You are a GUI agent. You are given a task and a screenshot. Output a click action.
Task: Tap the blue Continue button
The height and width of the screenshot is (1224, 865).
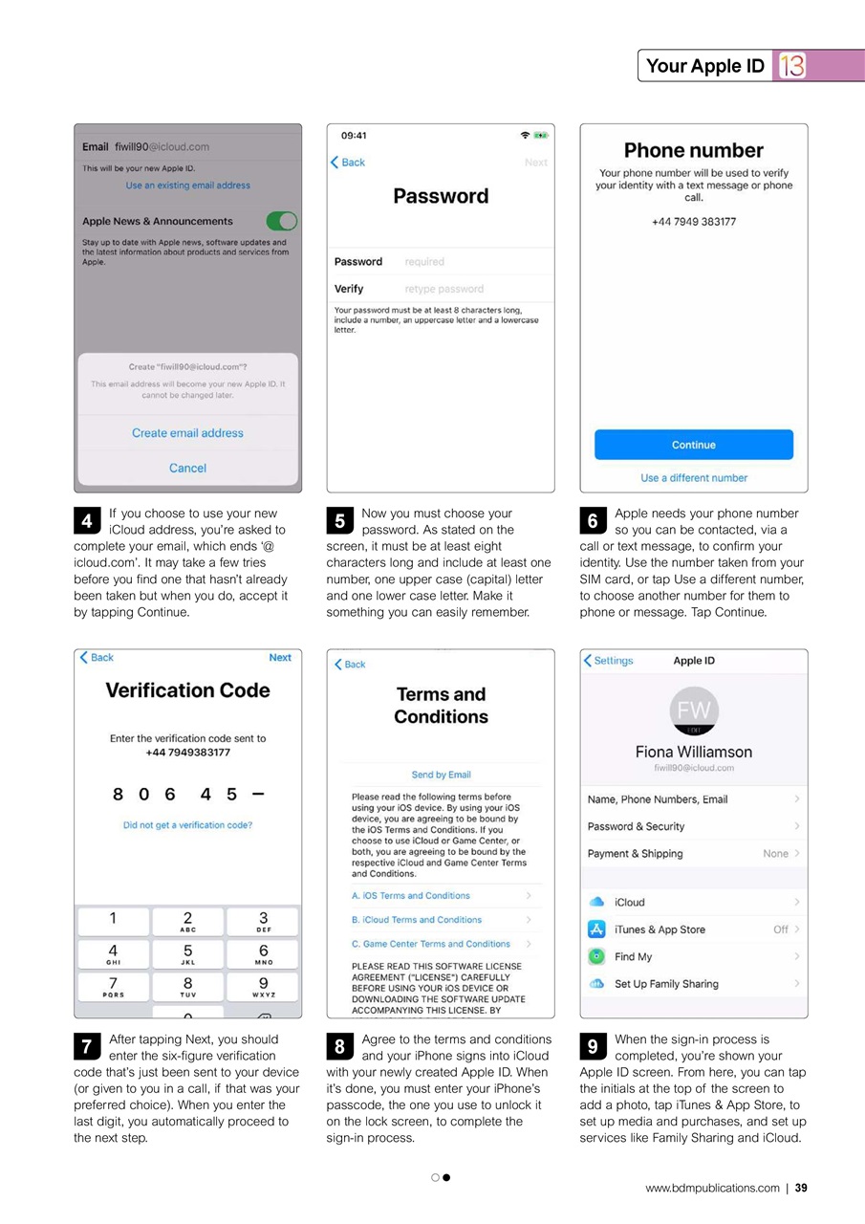click(x=693, y=445)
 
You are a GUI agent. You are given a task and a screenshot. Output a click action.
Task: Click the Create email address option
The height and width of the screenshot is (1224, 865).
click(x=187, y=433)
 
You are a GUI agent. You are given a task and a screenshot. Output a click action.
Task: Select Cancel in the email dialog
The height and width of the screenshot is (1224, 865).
click(x=187, y=468)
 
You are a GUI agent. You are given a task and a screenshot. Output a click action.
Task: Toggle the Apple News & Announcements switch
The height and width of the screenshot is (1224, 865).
click(x=281, y=221)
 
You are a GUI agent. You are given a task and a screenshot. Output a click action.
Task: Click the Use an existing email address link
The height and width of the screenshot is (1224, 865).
click(x=187, y=186)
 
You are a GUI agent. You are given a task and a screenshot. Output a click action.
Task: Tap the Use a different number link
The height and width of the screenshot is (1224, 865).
click(x=693, y=477)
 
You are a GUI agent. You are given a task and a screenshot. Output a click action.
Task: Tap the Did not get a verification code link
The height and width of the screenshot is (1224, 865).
click(x=187, y=825)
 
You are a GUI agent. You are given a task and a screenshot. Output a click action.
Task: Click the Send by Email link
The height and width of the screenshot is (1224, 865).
click(x=441, y=775)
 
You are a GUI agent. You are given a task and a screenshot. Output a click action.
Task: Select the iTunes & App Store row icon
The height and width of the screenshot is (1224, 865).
click(x=596, y=929)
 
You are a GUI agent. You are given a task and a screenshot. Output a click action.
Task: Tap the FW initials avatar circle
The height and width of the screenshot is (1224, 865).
click(x=694, y=710)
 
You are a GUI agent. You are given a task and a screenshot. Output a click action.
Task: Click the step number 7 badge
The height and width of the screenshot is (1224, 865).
click(x=86, y=1047)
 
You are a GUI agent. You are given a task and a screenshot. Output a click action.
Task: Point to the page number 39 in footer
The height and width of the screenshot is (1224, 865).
click(x=801, y=1189)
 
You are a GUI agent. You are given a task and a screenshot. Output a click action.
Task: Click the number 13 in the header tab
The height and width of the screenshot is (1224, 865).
click(x=791, y=66)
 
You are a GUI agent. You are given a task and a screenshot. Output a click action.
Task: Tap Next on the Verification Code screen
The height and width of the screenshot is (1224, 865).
click(x=280, y=658)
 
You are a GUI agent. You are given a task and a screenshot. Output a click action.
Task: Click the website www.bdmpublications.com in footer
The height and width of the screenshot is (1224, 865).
click(x=712, y=1189)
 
